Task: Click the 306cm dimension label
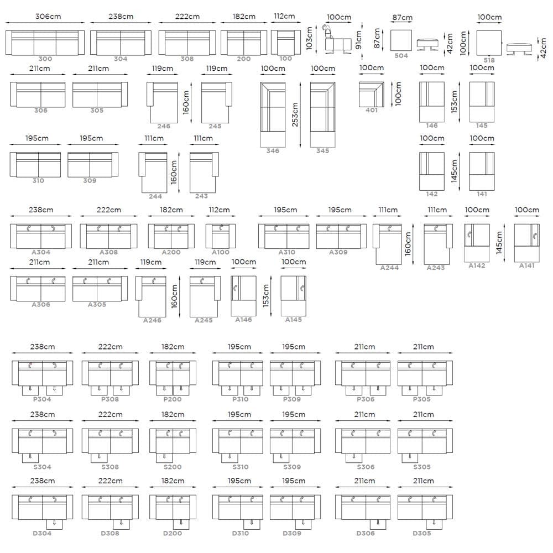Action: [x=48, y=17]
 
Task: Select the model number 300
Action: [x=45, y=59]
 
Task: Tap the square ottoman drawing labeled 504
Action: [x=401, y=40]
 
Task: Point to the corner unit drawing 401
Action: [x=372, y=94]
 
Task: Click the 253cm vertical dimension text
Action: [x=295, y=114]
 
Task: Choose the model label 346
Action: [x=273, y=150]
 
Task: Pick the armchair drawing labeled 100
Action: [x=286, y=43]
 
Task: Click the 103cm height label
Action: [x=309, y=38]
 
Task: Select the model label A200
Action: [x=171, y=252]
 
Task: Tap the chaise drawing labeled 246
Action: [x=162, y=103]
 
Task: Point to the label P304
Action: [x=42, y=399]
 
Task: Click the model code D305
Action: [x=422, y=533]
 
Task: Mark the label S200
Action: [x=173, y=467]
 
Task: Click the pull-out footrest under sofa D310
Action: [x=252, y=524]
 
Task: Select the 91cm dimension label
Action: [x=359, y=39]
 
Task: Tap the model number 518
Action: [x=489, y=60]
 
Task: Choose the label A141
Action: [x=526, y=265]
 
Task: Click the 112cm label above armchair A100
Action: [x=219, y=210]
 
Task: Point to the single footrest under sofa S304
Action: [x=30, y=458]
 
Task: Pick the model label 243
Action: [x=201, y=196]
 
